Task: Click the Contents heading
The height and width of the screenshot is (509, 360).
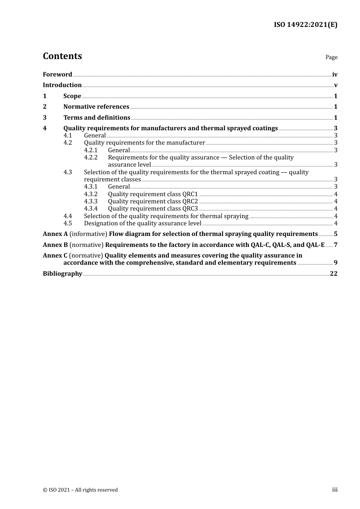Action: click(62, 56)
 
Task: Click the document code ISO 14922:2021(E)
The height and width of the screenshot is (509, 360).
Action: click(305, 25)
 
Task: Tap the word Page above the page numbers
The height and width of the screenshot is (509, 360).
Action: click(331, 57)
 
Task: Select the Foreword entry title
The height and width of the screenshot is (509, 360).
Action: click(57, 75)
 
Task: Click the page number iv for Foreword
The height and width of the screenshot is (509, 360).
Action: click(335, 75)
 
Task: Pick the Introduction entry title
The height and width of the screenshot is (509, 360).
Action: click(62, 85)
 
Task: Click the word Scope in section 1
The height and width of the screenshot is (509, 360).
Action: click(72, 96)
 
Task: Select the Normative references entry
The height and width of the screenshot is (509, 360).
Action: click(96, 107)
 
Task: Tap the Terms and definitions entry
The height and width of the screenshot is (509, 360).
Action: click(97, 118)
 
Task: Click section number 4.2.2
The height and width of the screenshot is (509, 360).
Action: click(91, 158)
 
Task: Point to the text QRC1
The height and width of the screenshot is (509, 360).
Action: click(190, 194)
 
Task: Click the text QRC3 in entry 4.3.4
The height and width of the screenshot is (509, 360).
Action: click(190, 209)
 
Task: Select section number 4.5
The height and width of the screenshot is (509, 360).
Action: click(67, 223)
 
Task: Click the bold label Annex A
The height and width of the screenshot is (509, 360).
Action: click(55, 234)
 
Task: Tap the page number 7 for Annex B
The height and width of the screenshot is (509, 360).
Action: click(335, 245)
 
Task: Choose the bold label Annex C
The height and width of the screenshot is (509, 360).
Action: click(55, 256)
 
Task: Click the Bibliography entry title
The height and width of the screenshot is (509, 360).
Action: click(63, 274)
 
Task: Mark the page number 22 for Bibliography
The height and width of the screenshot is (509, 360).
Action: click(333, 274)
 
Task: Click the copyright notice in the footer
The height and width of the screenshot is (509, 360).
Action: click(80, 490)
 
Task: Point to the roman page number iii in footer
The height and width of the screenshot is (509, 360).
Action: click(335, 490)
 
